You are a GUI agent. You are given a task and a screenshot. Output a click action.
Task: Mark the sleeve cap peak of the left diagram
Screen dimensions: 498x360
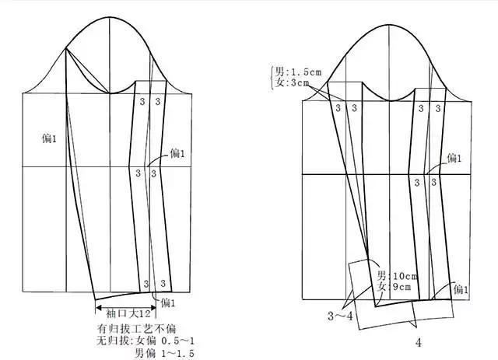coord(110,16)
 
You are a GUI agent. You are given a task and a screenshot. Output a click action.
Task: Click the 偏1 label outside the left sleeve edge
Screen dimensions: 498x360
coord(49,138)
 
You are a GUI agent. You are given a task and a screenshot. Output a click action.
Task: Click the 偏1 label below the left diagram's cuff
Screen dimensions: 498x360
coord(169,302)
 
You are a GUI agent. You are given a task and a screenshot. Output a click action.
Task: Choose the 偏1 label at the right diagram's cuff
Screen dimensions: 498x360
coord(461,290)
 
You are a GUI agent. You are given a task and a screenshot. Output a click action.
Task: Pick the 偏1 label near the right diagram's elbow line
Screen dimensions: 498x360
coord(454,158)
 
